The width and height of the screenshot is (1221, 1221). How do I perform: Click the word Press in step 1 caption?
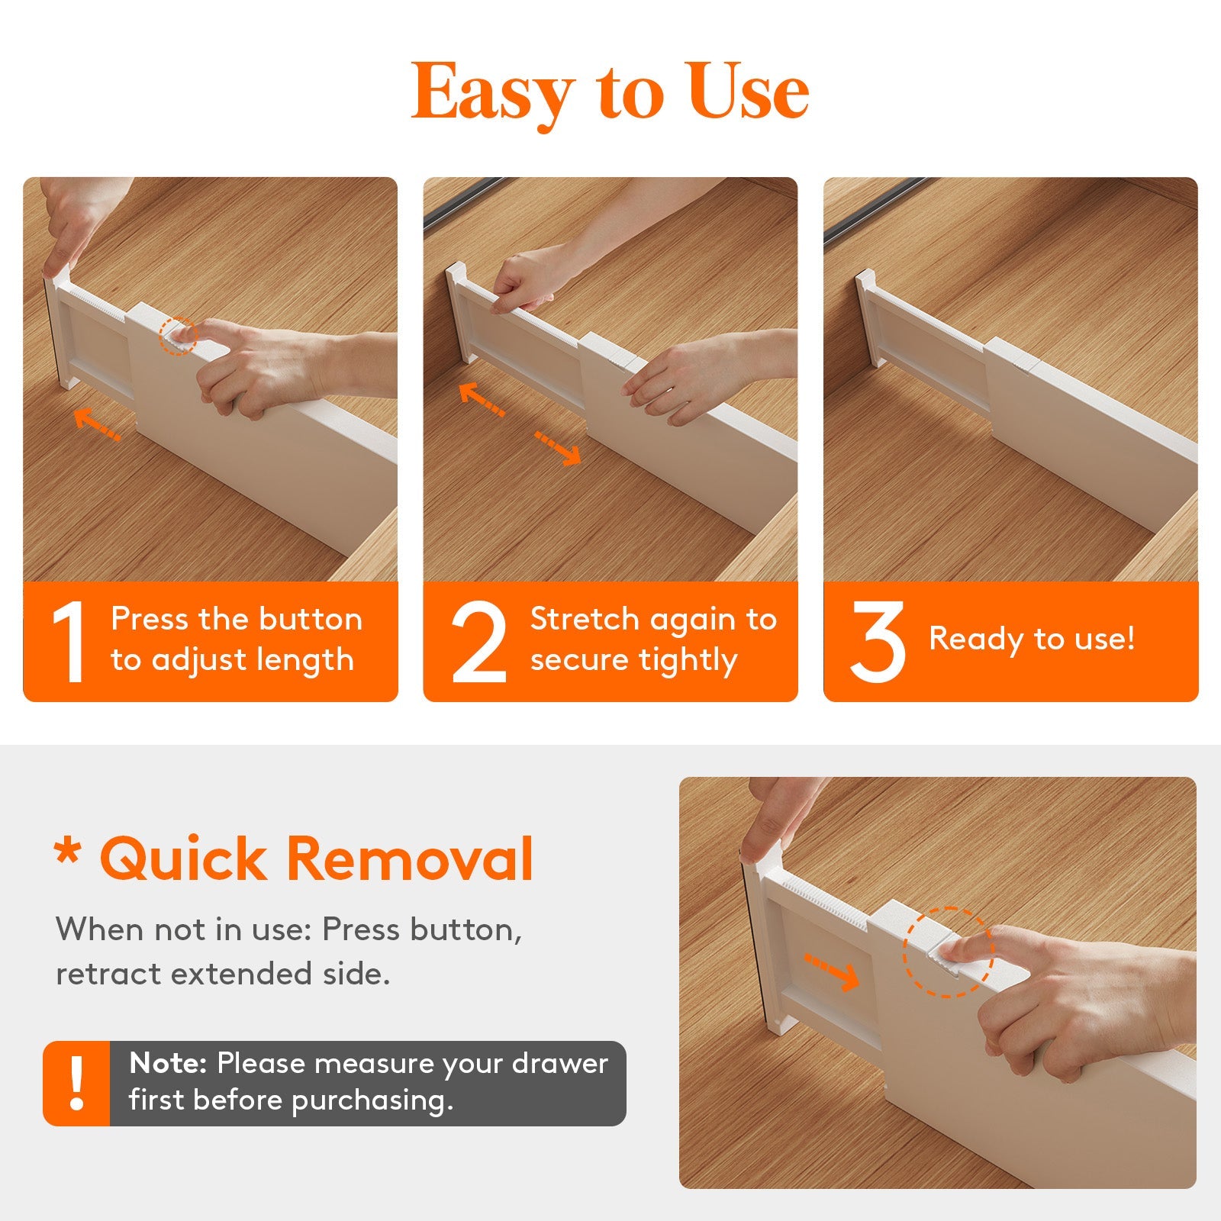point(150,619)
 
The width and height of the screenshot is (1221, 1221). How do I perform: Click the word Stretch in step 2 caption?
point(584,619)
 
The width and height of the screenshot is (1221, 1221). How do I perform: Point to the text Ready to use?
point(1031,639)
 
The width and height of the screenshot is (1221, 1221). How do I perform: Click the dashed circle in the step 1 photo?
point(178,336)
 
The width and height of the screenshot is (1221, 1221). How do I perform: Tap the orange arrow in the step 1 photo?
point(97,424)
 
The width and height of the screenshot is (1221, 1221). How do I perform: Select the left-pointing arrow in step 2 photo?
point(482,400)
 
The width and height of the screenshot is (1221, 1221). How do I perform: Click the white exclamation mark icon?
point(76,1083)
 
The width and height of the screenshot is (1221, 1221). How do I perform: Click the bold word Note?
point(168,1063)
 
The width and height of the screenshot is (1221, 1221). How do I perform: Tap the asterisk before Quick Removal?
point(68,852)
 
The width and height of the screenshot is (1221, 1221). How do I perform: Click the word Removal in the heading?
point(410,859)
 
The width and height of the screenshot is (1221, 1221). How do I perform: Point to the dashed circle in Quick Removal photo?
point(948,952)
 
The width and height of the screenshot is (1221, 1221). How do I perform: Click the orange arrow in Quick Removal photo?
point(832,972)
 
